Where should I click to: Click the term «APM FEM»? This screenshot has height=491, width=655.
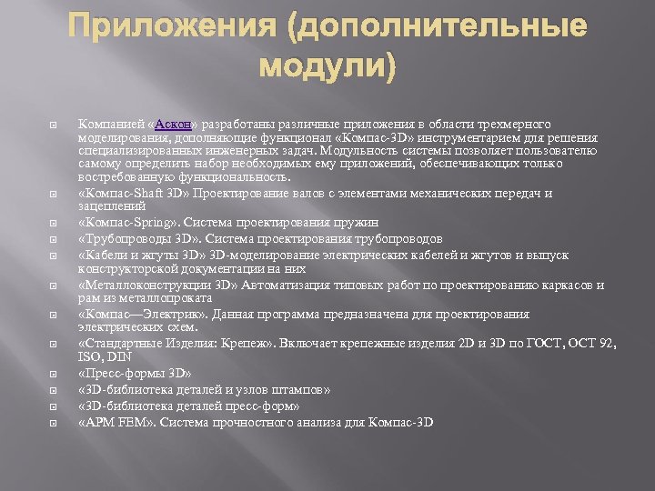point(114,423)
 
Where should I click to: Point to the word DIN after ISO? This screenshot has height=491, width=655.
point(116,356)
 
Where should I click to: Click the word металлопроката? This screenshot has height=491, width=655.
point(169,298)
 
